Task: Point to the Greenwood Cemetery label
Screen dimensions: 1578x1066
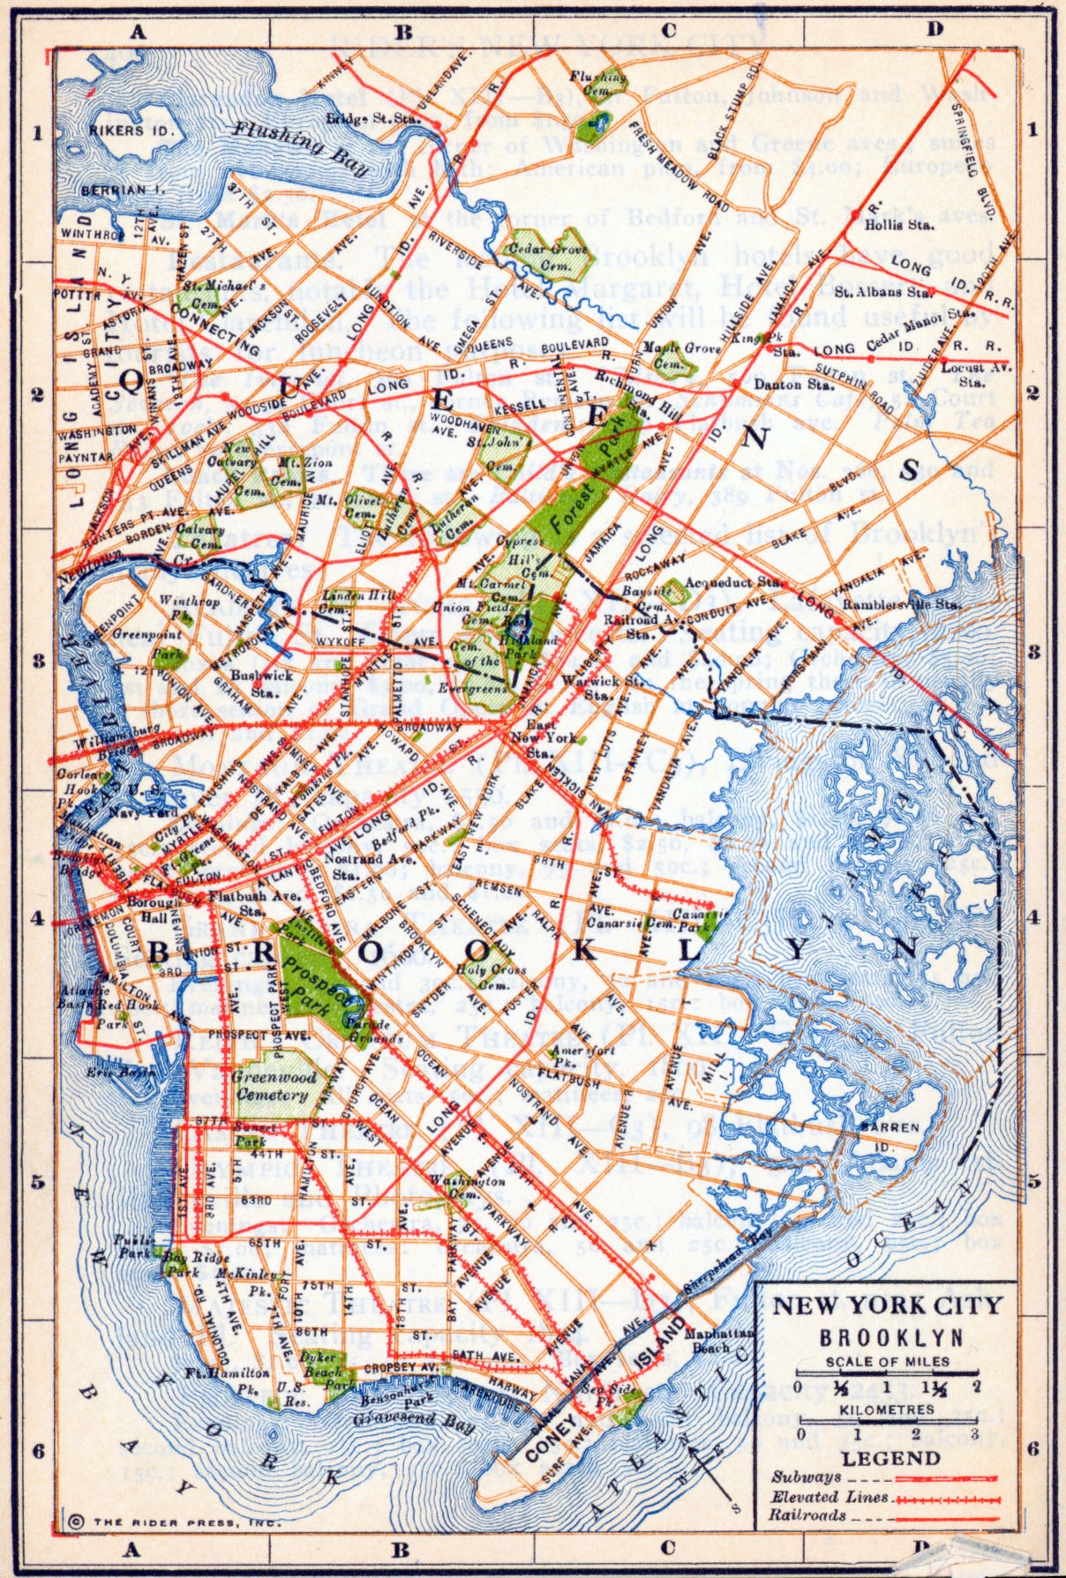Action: pos(273,1085)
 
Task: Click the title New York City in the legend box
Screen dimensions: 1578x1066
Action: pos(888,1306)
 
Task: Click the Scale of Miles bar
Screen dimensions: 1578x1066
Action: pos(887,1374)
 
